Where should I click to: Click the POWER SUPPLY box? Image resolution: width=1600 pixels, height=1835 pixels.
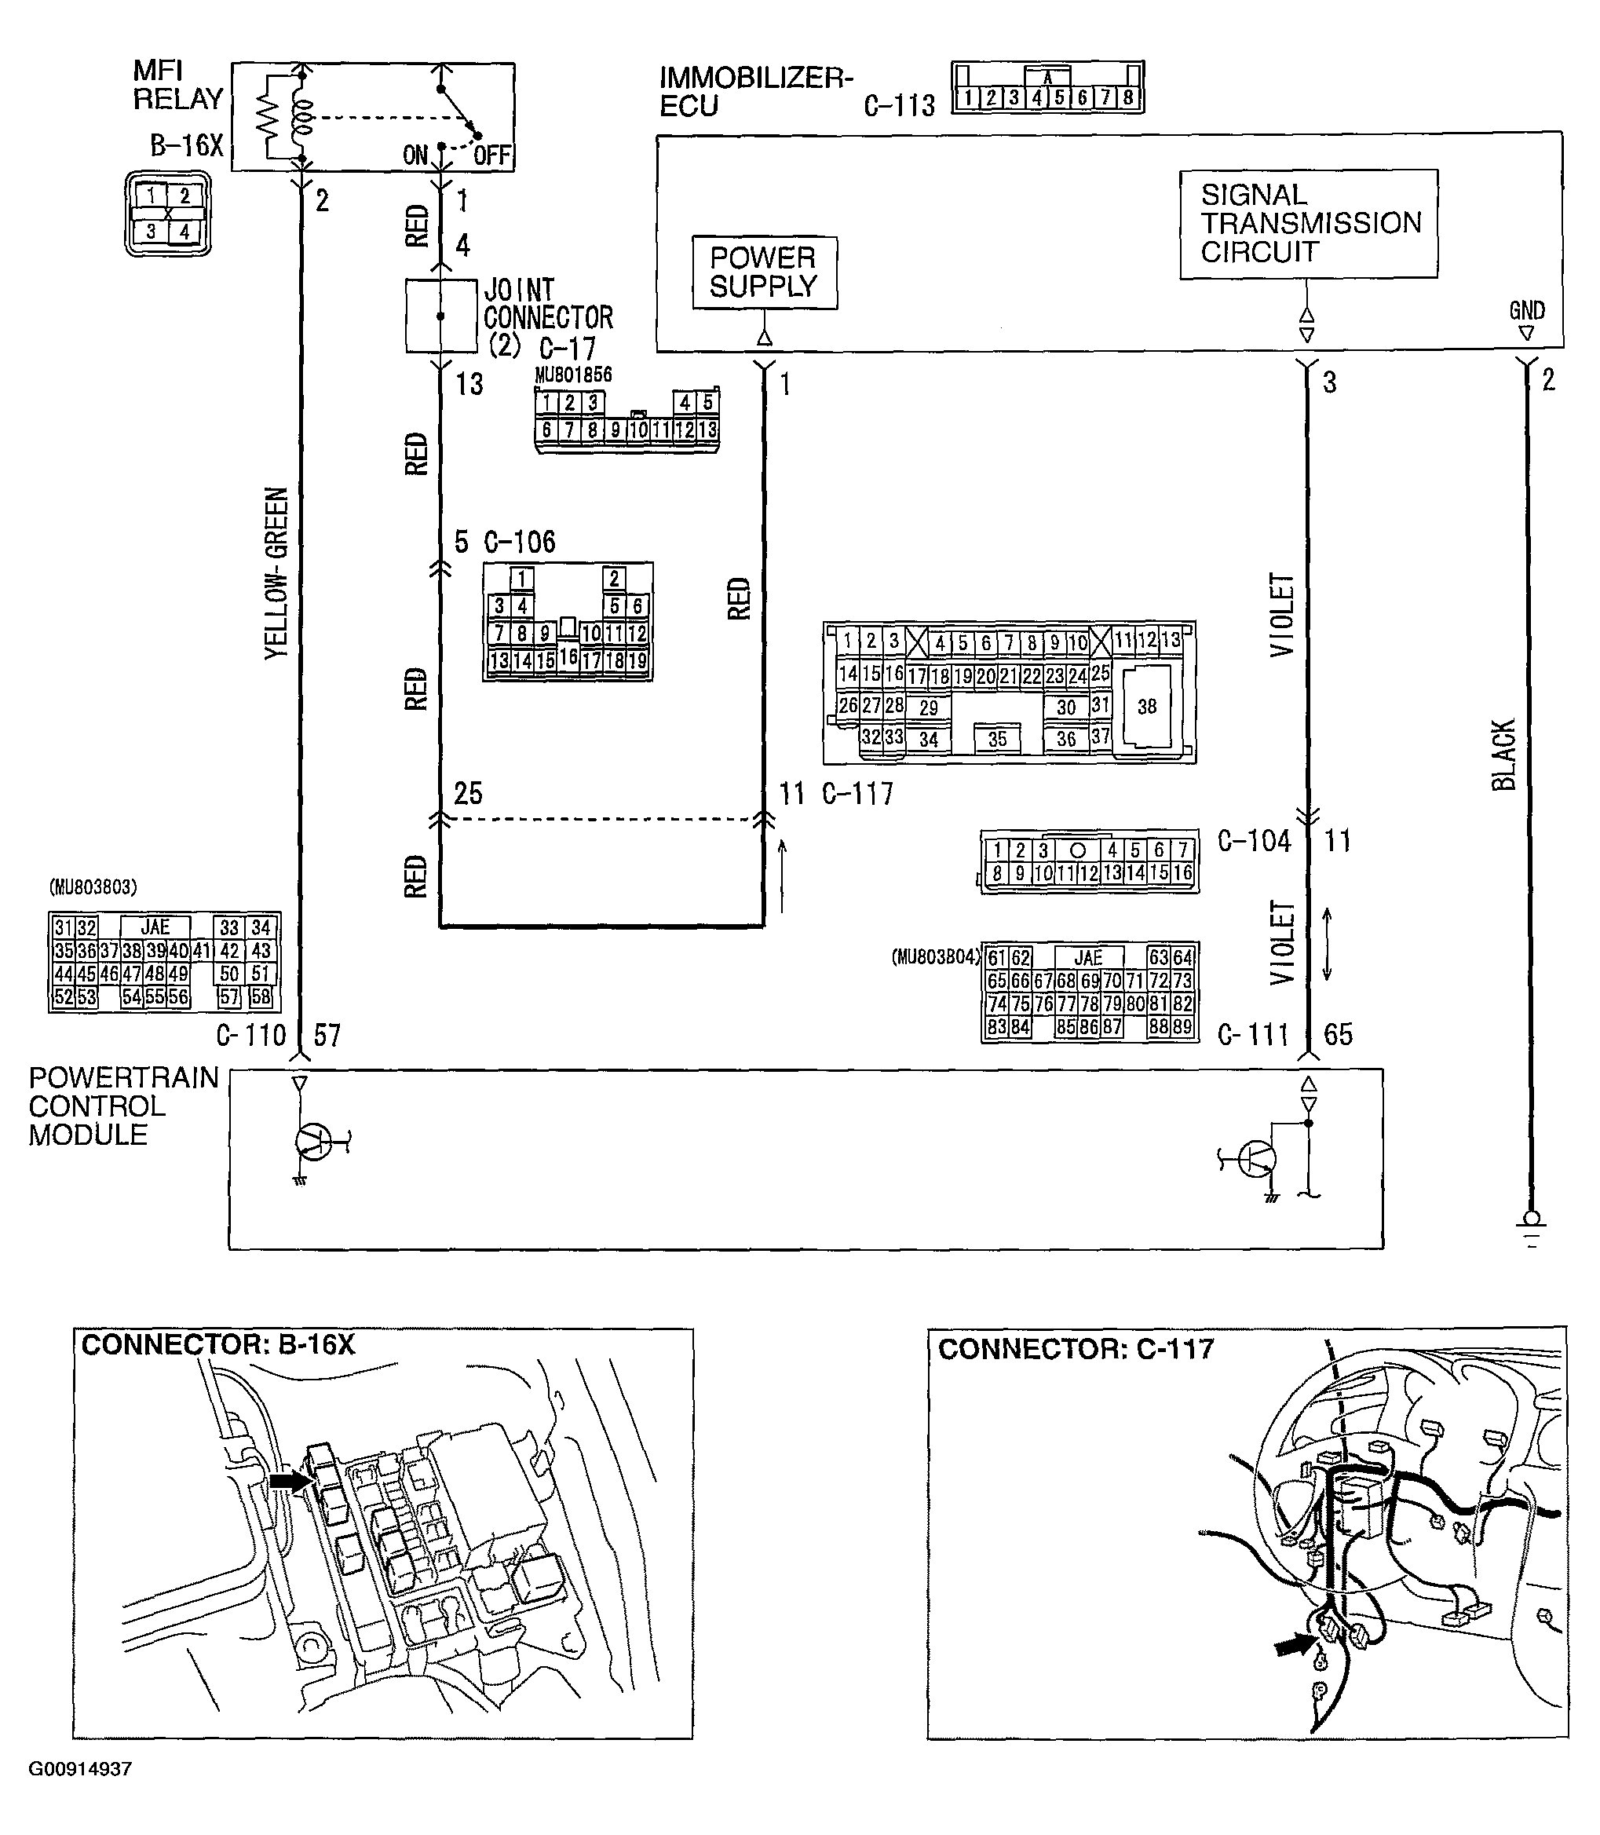[x=765, y=272]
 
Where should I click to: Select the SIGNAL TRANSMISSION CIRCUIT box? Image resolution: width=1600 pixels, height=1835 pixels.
[x=1308, y=223]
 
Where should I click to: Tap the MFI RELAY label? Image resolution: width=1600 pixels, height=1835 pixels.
[x=177, y=86]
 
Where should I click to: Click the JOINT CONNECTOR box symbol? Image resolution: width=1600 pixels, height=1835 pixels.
[x=440, y=316]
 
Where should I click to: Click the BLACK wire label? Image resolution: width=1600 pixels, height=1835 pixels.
[x=1504, y=755]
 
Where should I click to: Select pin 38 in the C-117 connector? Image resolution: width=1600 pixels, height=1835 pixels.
[x=1146, y=707]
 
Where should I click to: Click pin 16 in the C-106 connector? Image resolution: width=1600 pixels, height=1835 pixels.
[x=568, y=658]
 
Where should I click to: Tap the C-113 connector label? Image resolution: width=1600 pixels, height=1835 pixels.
[x=898, y=106]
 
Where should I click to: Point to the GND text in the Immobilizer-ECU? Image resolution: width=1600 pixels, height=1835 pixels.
[x=1527, y=311]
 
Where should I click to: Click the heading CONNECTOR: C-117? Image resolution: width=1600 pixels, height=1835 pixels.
[x=1076, y=1348]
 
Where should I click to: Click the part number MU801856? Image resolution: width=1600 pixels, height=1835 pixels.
[x=573, y=375]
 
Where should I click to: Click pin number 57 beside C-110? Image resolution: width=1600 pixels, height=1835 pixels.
[x=327, y=1035]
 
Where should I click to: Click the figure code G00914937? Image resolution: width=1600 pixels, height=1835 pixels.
[x=80, y=1768]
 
